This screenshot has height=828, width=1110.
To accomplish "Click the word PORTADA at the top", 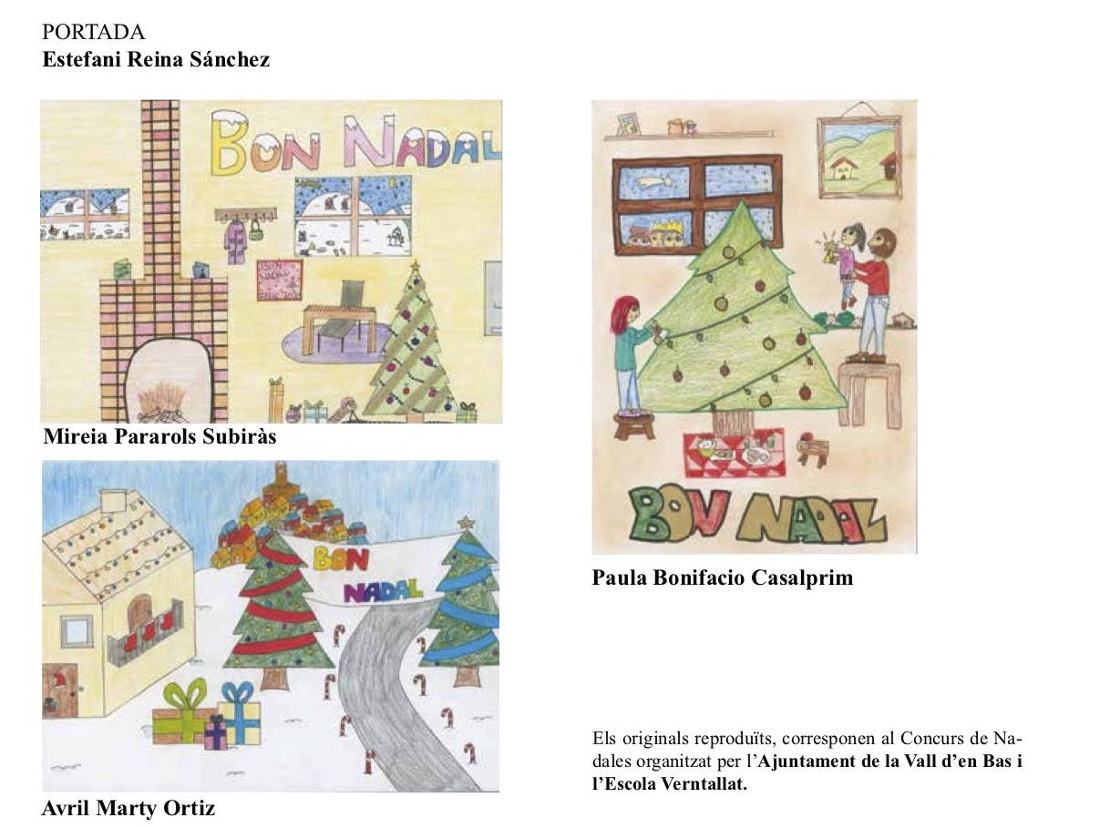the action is point(94,33).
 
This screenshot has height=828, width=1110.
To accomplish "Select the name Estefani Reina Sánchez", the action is point(156,59).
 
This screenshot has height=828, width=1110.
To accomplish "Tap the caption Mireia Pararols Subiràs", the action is point(159,436).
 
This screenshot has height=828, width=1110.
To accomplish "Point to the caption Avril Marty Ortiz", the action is point(128,808).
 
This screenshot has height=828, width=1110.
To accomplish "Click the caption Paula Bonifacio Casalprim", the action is point(722,578).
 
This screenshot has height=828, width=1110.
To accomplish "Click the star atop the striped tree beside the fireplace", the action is point(416,265).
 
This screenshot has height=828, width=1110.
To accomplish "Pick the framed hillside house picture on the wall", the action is point(859,158).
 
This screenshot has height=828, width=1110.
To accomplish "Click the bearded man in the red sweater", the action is point(872,295).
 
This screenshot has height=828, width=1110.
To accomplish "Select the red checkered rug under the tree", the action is point(735,453).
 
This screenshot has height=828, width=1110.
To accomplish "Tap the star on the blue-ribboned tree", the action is point(464,522).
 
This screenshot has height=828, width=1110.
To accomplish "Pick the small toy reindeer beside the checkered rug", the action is point(813,449).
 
